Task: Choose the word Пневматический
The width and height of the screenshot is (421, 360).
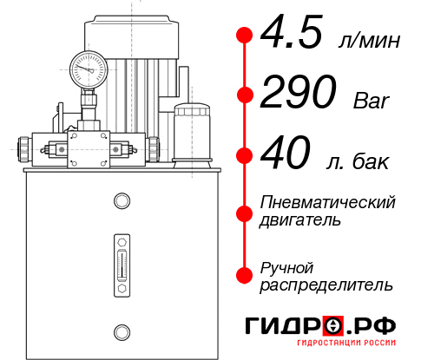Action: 327,202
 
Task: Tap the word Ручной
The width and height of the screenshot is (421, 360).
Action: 286,266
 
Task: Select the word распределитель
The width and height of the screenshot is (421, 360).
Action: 326,284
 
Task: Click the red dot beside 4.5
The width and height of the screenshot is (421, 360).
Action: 244,36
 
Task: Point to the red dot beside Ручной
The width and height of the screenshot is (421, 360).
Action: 244,275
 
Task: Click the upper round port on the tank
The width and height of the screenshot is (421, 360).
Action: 121,201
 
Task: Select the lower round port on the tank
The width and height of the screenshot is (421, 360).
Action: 121,331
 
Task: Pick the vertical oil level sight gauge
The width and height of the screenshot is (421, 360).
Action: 121,263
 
